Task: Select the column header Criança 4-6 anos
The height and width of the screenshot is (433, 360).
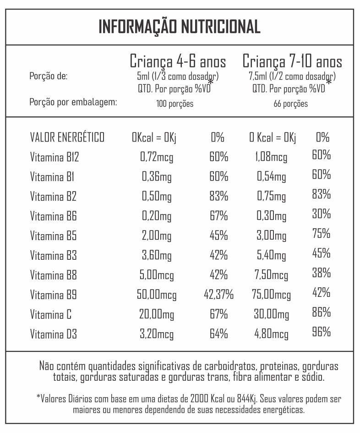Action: (178, 62)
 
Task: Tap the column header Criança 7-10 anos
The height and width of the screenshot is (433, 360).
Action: (292, 62)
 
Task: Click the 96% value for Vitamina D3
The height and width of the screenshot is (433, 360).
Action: (321, 333)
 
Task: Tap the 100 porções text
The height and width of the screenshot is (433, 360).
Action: (175, 104)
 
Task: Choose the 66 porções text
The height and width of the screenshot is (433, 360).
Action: (291, 104)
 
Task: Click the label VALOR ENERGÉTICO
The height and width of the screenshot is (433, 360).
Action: (67, 137)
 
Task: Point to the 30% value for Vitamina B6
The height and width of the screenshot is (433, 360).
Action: (321, 214)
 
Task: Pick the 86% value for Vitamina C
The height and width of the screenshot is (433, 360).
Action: (321, 313)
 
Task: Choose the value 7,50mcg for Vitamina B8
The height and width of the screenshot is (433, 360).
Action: (272, 275)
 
